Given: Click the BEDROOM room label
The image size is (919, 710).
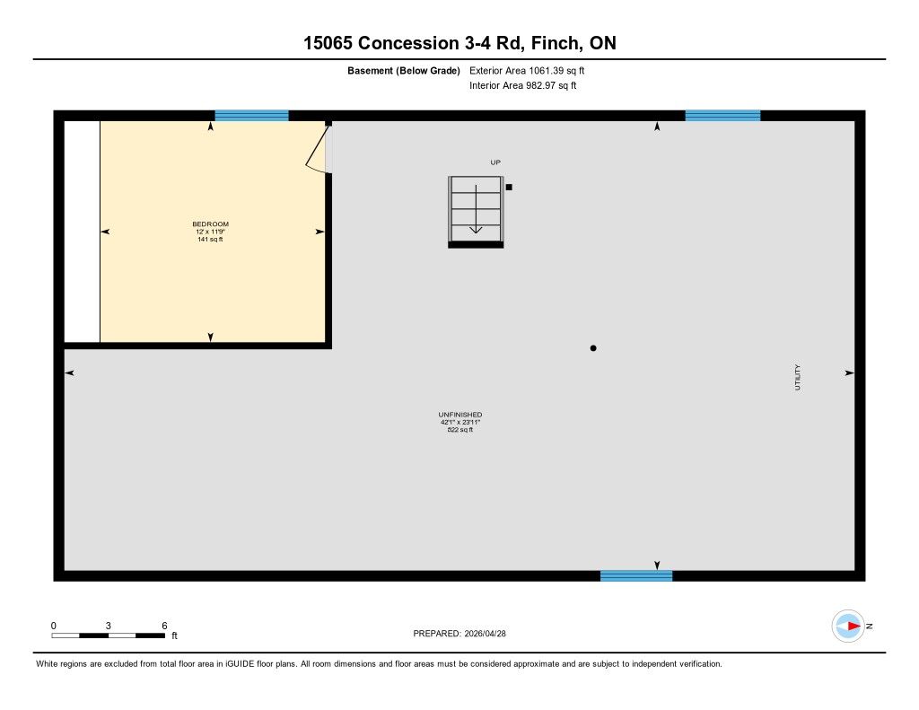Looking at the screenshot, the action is pos(210,224).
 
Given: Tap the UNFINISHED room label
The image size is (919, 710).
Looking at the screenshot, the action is pos(460,415).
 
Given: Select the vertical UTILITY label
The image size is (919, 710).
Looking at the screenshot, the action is pos(797,377).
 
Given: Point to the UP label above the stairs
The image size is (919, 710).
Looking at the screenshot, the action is pos(495,162).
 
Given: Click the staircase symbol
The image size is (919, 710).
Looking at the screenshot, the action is pos(476,212).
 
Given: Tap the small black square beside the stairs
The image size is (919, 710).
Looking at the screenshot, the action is pos(509,187).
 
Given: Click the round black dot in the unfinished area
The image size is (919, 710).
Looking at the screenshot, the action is pos(593,348).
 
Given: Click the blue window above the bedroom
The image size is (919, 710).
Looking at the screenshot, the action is pos(251,116).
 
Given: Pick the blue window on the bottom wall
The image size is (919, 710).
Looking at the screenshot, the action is pos(636,575).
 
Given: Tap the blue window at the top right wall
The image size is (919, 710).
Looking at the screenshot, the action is pos(722,116).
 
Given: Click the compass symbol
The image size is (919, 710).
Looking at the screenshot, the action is pos(848,627).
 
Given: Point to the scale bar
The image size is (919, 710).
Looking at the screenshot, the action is pos(109,635).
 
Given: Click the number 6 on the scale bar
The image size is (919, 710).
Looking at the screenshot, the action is pos(165,626).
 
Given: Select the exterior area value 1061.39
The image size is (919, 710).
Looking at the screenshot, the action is pos(547,70).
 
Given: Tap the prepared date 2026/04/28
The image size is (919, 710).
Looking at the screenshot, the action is pos(486,633).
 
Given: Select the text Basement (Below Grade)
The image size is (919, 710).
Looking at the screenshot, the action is pos(404,71).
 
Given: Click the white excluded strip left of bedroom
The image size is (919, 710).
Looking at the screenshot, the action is pos(82,232).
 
